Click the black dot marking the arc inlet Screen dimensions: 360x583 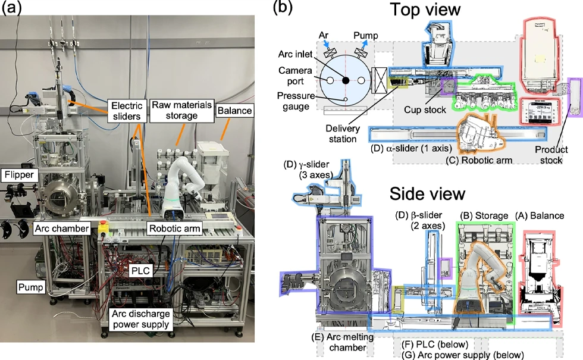(344, 79)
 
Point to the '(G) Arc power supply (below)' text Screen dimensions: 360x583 (463, 355)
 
